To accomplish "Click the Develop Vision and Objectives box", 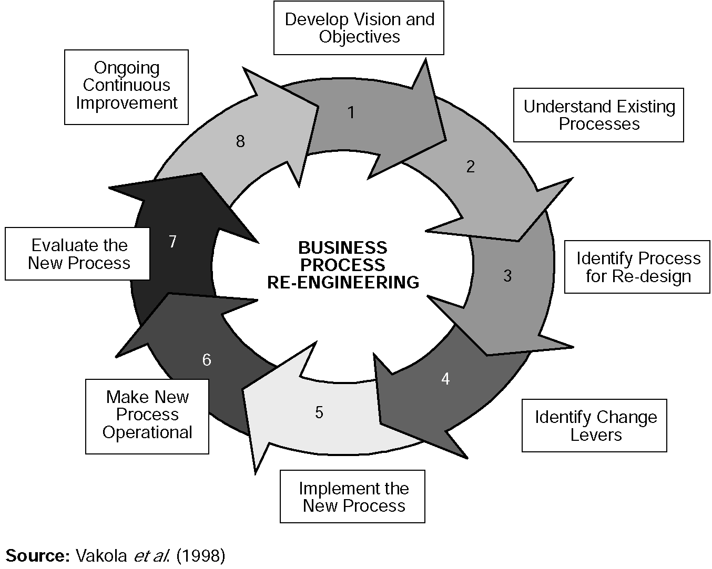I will tap(359, 28).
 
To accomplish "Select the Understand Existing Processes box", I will tap(598, 115).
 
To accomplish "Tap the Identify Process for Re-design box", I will tap(637, 267).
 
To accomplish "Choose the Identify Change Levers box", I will tap(594, 426).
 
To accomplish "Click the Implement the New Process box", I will tap(352, 496).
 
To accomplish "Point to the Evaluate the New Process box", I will tap(78, 254).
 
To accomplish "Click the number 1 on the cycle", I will tap(351, 112).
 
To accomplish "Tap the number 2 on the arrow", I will tap(470, 167).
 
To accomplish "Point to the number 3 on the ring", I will tap(507, 276).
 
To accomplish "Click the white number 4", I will tap(445, 379).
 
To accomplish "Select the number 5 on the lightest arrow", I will tap(319, 412).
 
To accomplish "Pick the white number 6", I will tap(207, 360).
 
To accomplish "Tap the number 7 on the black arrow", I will tap(172, 242).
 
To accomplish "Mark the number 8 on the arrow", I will tap(240, 141).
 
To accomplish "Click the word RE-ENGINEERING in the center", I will tap(343, 283).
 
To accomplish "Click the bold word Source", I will tap(37, 556).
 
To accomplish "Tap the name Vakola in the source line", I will tap(101, 556).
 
